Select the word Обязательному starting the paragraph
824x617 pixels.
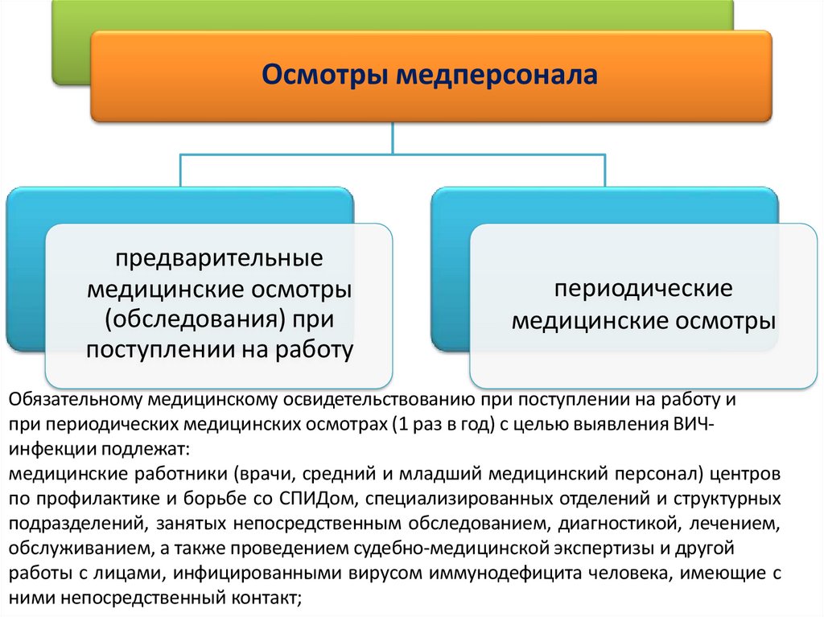(x=76, y=400)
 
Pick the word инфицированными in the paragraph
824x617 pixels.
(x=266, y=574)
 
